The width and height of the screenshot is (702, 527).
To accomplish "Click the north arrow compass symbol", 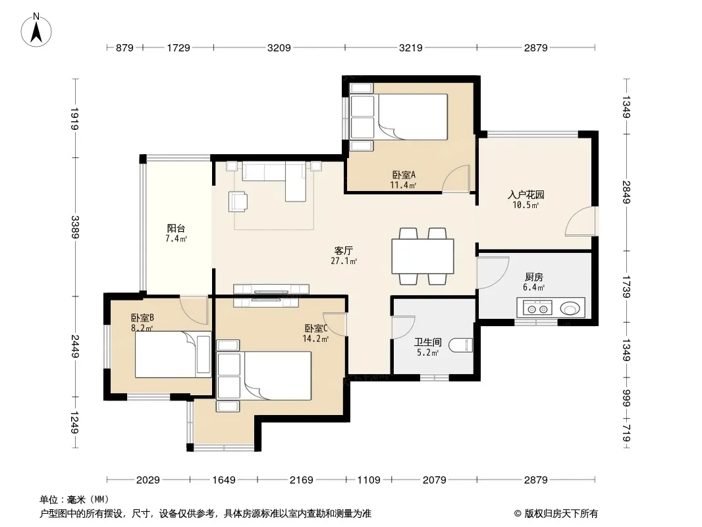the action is click(x=36, y=30).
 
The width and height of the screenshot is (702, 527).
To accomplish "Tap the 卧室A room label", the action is click(x=404, y=175).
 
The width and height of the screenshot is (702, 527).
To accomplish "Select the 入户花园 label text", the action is click(x=526, y=195).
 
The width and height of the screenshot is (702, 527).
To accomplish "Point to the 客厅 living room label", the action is click(x=343, y=250).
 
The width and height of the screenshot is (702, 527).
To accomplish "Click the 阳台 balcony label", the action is click(x=176, y=229).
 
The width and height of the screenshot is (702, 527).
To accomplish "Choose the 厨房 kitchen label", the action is click(x=533, y=277).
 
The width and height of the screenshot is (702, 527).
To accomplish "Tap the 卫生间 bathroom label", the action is click(x=428, y=342).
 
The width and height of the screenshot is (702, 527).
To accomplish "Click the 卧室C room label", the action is click(x=316, y=328).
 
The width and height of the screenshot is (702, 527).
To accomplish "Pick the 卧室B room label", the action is click(x=142, y=318).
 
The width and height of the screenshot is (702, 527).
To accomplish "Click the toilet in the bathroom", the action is click(x=461, y=345).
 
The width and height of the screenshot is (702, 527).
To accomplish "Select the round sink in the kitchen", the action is click(x=570, y=308).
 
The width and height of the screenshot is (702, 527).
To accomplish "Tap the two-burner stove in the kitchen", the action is click(x=537, y=308).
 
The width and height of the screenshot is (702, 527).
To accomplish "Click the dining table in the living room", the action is click(x=423, y=256).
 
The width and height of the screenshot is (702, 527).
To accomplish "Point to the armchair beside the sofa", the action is click(x=238, y=201).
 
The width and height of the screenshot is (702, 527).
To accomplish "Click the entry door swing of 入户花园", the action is click(x=581, y=221).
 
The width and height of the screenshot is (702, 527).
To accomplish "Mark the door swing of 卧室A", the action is click(x=456, y=179).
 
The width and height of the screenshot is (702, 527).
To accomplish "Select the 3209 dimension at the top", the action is click(x=279, y=47).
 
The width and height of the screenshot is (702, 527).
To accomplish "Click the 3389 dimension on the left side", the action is click(x=75, y=227).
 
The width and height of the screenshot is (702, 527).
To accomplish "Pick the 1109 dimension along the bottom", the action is click(x=369, y=480).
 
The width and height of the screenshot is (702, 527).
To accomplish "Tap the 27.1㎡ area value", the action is click(x=344, y=261).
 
